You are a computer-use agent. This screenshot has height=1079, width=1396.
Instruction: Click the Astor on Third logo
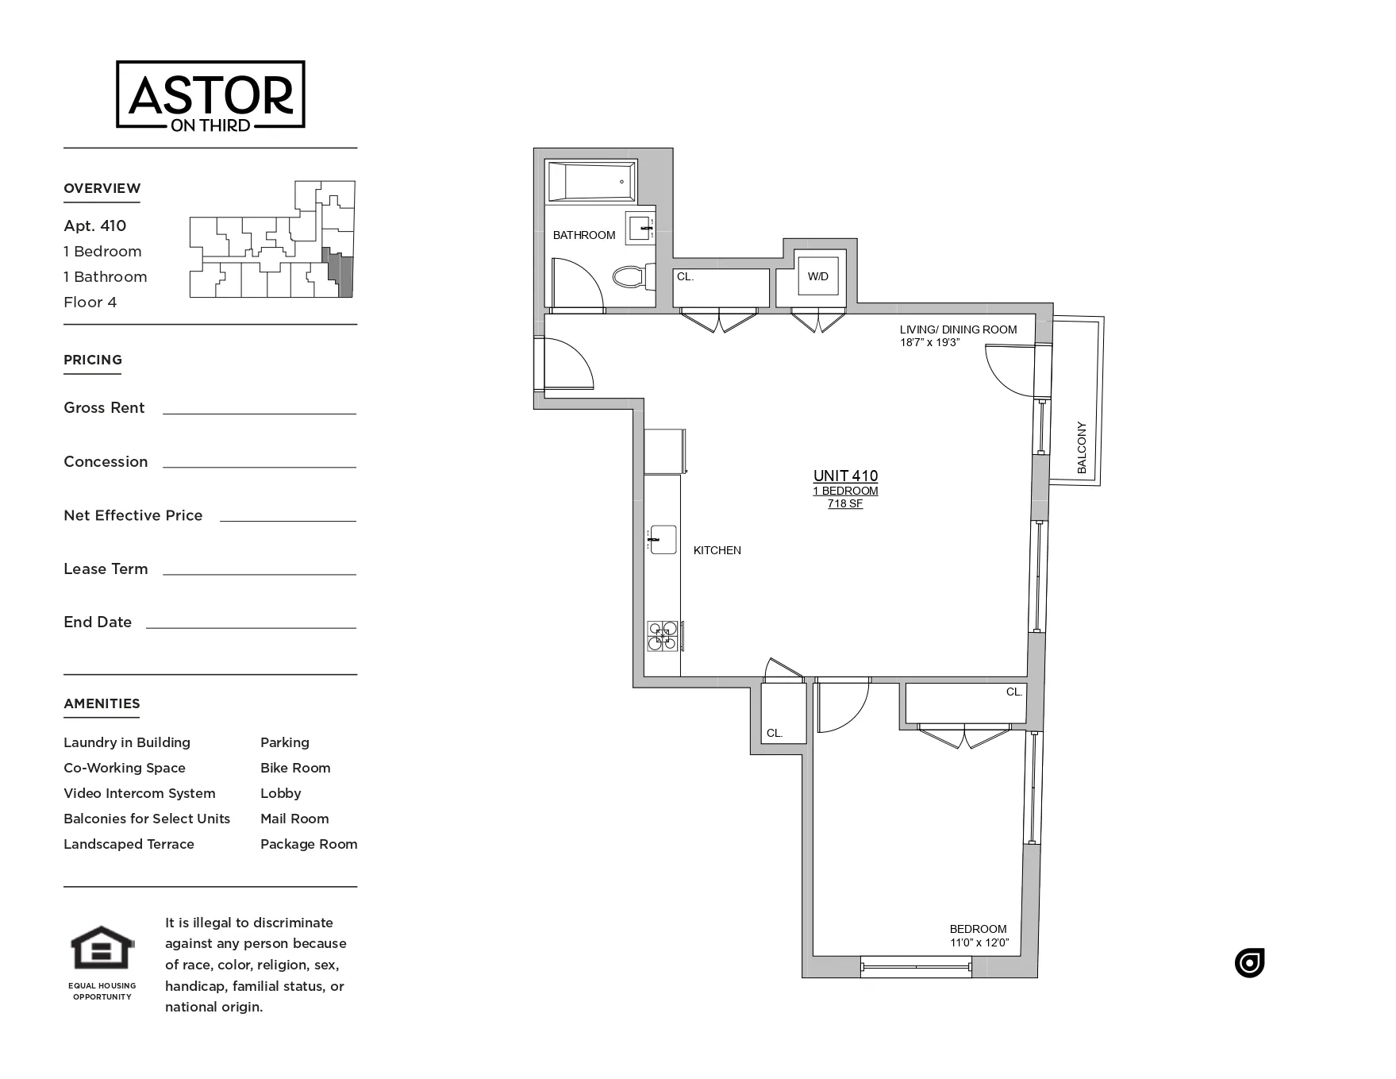tap(210, 95)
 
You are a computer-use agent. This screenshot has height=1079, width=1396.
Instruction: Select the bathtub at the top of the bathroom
tap(591, 182)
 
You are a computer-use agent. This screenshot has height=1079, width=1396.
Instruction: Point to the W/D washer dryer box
tap(818, 276)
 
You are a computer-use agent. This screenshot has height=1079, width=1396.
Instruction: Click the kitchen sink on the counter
tap(663, 540)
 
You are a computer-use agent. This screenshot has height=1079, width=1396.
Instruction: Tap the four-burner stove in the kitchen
tap(663, 636)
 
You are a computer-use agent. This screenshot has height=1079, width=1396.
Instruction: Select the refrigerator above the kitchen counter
tap(664, 451)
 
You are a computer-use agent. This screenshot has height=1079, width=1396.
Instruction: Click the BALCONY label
tap(1081, 448)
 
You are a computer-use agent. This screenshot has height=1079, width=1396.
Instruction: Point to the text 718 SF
tap(845, 503)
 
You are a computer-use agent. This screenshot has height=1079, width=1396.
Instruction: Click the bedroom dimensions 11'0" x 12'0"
tap(979, 943)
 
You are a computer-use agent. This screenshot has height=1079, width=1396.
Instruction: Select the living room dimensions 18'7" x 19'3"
tap(929, 342)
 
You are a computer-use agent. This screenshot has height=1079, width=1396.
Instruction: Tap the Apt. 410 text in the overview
tap(95, 225)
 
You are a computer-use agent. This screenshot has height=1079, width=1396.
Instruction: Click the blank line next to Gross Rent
tap(259, 408)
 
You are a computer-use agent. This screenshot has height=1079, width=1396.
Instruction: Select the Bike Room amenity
tap(295, 768)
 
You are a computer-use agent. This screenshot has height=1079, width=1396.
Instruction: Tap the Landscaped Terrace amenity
tap(129, 844)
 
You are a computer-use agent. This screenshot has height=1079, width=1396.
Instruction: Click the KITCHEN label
tap(717, 550)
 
